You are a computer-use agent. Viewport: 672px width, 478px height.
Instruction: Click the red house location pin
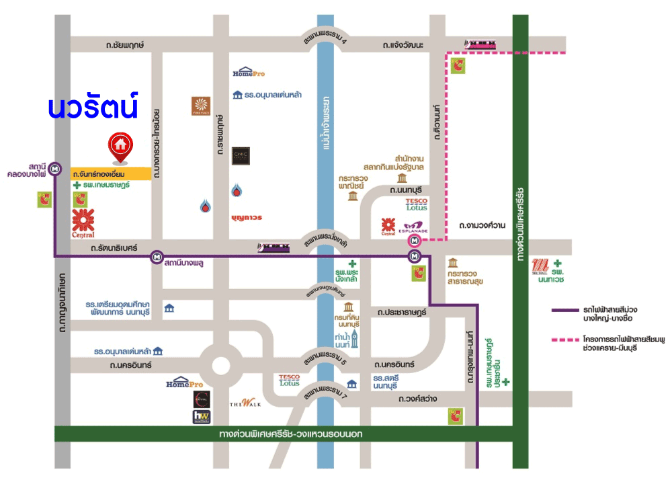point(120,147)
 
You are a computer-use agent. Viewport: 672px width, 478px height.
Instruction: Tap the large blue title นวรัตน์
point(93,107)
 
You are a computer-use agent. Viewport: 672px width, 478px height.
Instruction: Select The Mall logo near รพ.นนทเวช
point(540,264)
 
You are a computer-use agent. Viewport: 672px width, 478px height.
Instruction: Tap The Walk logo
point(245,403)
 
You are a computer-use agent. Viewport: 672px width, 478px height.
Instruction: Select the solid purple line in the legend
point(566,310)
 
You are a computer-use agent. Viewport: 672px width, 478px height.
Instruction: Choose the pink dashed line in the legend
point(566,340)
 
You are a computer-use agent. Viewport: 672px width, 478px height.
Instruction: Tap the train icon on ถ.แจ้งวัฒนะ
point(482,44)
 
